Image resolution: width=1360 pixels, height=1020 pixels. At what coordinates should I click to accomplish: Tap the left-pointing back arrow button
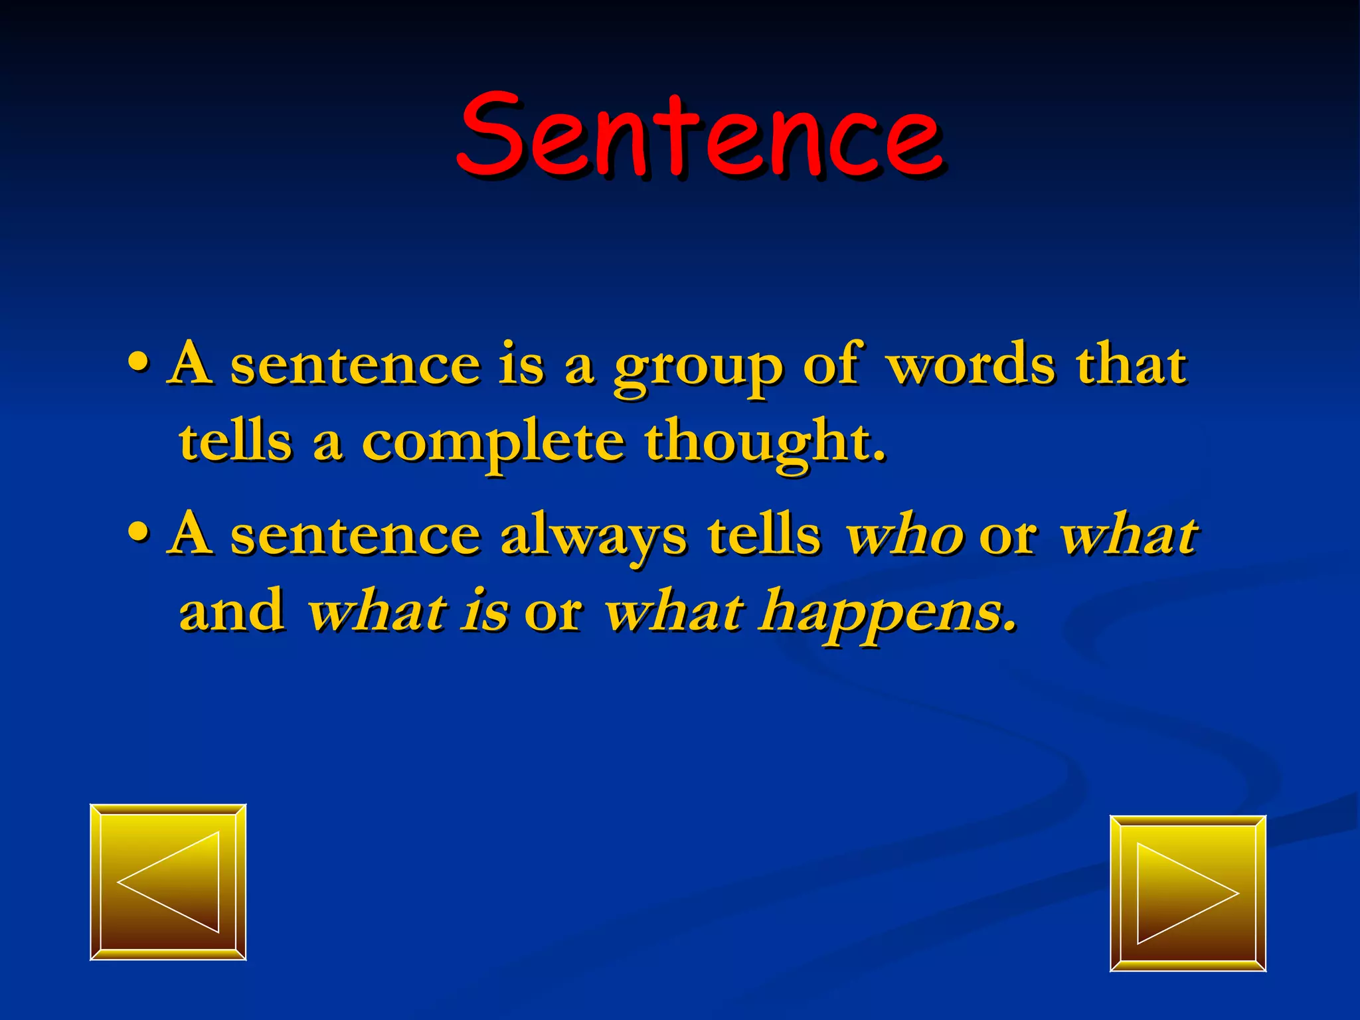pos(168,882)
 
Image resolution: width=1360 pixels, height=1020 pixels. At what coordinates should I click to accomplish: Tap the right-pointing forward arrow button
pos(1187,893)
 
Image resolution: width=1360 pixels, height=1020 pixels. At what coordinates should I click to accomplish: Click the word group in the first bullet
pos(697,367)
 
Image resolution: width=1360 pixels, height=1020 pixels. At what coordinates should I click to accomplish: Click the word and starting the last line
pos(232,611)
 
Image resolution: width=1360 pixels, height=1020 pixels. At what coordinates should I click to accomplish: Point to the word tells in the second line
pos(235,442)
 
